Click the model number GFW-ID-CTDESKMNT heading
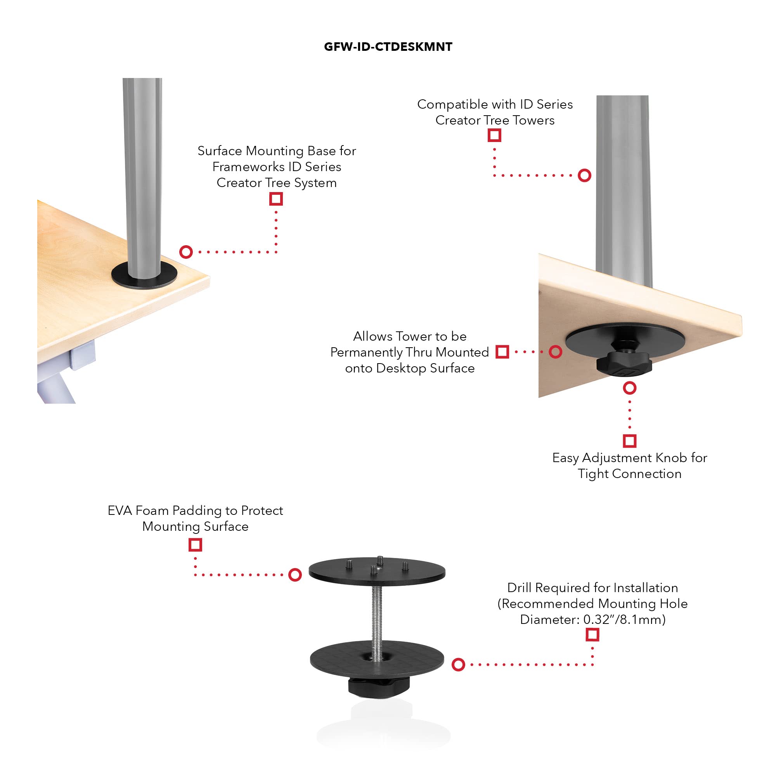pyautogui.click(x=388, y=47)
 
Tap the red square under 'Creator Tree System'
pyautogui.click(x=276, y=199)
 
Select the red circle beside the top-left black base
pyautogui.click(x=186, y=252)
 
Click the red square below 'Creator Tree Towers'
pyautogui.click(x=494, y=135)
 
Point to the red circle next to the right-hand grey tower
pyautogui.click(x=584, y=175)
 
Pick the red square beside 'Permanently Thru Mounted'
pyautogui.click(x=502, y=352)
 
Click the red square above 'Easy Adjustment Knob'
pyautogui.click(x=629, y=441)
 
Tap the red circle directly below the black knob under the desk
pyautogui.click(x=629, y=388)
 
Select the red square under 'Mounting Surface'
pyautogui.click(x=195, y=545)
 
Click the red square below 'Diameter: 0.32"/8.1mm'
pyautogui.click(x=592, y=635)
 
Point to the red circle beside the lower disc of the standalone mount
pyautogui.click(x=458, y=665)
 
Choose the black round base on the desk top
pyautogui.click(x=144, y=275)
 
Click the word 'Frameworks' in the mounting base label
pyautogui.click(x=248, y=167)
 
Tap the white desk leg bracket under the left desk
pyautogui.click(x=82, y=354)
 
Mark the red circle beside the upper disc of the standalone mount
pyautogui.click(x=295, y=575)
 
